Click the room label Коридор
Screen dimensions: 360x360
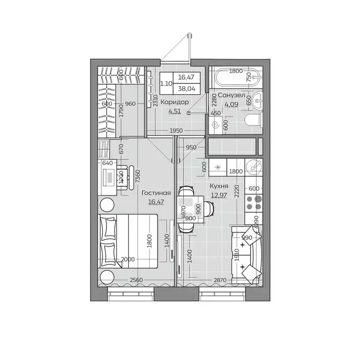point(175,102)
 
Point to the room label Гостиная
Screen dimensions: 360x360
point(157,193)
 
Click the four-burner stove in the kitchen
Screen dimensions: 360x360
point(254,202)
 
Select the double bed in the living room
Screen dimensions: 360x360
point(127,241)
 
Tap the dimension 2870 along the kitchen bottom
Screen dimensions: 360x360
point(217,280)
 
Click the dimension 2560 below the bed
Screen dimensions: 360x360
point(136,280)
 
